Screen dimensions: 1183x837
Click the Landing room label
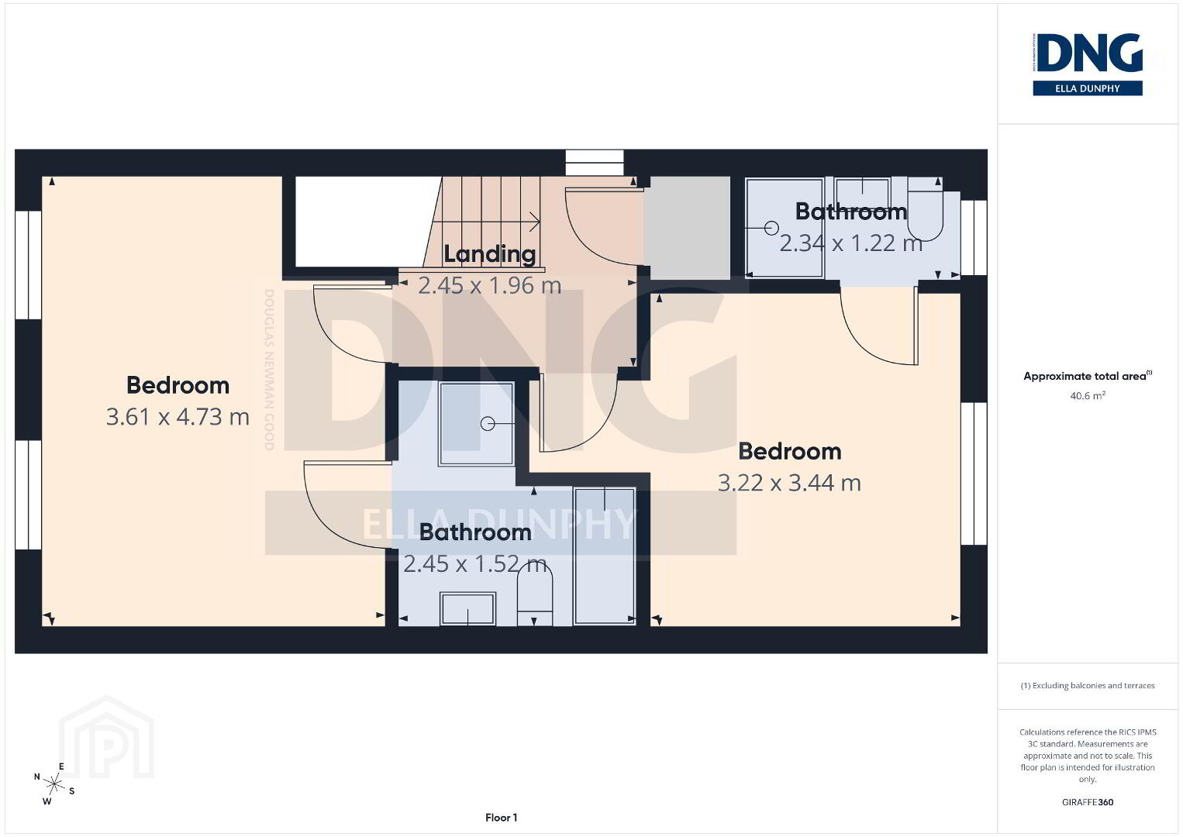pos(490,254)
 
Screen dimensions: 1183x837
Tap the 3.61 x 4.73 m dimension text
pos(178,417)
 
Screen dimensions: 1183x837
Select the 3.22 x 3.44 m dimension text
pos(789,483)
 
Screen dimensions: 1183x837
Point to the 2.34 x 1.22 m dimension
pos(850,243)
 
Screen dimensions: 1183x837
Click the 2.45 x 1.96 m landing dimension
pos(490,286)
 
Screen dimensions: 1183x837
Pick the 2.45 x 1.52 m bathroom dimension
pos(474,564)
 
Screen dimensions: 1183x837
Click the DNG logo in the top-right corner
pos(1088,53)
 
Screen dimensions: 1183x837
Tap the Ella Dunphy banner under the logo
pos(1088,88)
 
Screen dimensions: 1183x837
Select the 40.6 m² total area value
pos(1088,395)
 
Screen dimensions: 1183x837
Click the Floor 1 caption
pos(502,818)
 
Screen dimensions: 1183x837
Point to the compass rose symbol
pos(53,784)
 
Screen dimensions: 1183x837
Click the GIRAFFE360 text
pos(1088,802)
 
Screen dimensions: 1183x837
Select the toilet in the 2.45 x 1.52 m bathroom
pos(534,594)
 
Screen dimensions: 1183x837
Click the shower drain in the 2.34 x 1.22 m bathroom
pos(771,228)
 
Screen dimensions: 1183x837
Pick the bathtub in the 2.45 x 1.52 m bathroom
pos(605,556)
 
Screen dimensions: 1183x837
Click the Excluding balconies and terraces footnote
pos(1088,686)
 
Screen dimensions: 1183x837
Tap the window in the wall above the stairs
pos(595,163)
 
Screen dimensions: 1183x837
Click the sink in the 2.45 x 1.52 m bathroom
pos(468,609)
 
